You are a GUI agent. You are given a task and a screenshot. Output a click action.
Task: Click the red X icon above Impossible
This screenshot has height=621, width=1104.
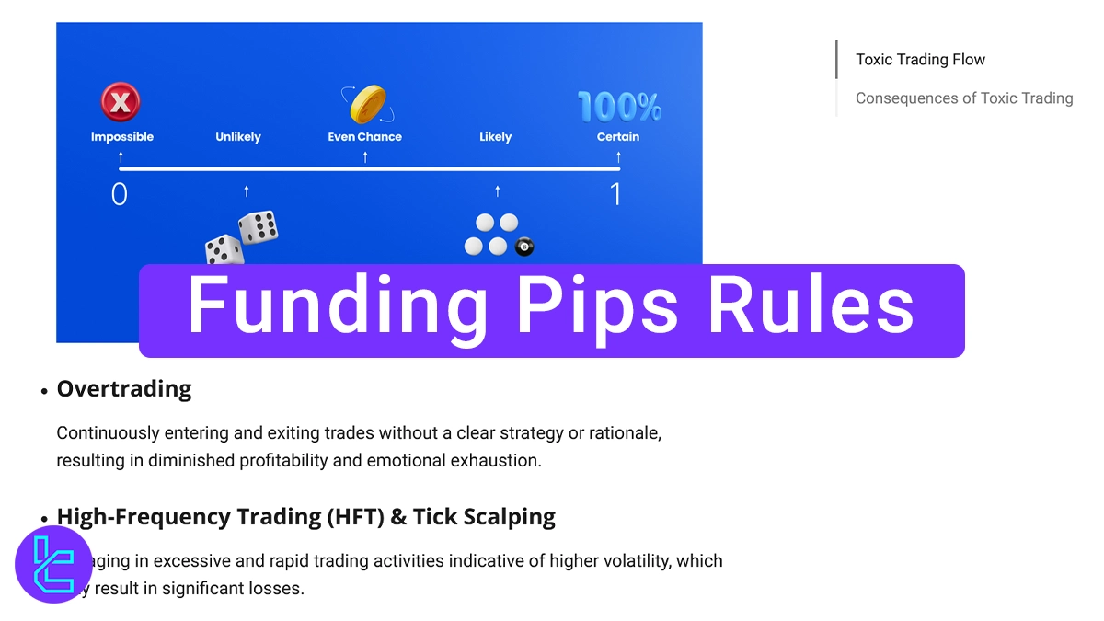[121, 101]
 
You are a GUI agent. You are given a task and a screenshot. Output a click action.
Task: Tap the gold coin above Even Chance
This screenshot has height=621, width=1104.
[367, 104]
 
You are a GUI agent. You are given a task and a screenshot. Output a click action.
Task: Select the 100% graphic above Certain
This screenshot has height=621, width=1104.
[619, 107]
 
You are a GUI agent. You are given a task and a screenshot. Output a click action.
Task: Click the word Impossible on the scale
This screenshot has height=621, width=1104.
[122, 137]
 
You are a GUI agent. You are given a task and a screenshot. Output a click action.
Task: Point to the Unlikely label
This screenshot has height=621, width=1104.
[238, 137]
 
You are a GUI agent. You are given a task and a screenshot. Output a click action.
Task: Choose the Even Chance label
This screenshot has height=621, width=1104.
[365, 137]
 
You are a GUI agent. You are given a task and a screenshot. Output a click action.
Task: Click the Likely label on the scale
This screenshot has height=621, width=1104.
[495, 137]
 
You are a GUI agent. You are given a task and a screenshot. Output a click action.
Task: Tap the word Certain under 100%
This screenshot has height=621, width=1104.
[618, 137]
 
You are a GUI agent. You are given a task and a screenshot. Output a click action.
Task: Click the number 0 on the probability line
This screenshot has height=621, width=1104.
[120, 195]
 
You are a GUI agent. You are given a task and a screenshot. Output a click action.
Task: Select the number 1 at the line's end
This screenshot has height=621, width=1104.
[615, 195]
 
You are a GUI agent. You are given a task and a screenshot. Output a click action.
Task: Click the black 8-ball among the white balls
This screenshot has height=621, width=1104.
[524, 247]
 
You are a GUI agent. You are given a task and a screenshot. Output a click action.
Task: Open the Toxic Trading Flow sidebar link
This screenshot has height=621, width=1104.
[920, 60]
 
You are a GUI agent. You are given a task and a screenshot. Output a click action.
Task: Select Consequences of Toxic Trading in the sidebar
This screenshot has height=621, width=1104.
[964, 98]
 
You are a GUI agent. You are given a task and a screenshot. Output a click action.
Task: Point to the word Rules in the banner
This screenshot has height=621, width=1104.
[810, 307]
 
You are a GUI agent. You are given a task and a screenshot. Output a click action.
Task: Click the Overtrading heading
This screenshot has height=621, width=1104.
[124, 389]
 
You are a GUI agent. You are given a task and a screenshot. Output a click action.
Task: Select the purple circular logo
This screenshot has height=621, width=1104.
[53, 564]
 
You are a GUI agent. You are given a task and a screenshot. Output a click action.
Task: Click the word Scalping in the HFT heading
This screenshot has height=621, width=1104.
[509, 517]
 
